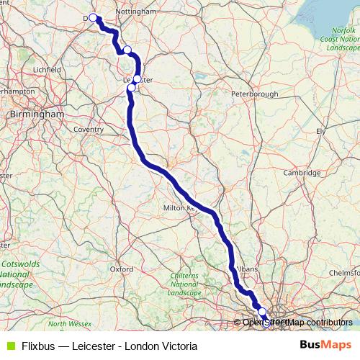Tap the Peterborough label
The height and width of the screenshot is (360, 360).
pos(254,94)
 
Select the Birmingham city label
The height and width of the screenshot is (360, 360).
pos(37,114)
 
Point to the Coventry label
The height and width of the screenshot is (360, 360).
pos(89,130)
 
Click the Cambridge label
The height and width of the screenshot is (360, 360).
pos(301,173)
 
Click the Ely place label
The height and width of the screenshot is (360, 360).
pos(321,131)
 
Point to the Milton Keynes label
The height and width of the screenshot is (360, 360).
pos(181,208)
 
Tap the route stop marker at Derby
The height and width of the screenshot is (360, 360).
pos(93,17)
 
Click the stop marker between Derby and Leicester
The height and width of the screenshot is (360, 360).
pos(127,50)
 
